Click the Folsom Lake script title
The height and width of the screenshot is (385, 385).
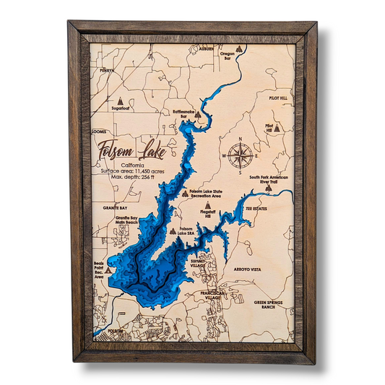coord(131,152)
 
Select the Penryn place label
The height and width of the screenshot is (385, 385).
coord(108,70)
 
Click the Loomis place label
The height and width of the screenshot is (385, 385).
coord(100,132)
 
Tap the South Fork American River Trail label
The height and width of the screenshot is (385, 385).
coord(269,179)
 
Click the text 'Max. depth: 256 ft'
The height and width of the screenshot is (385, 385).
coord(130,176)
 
